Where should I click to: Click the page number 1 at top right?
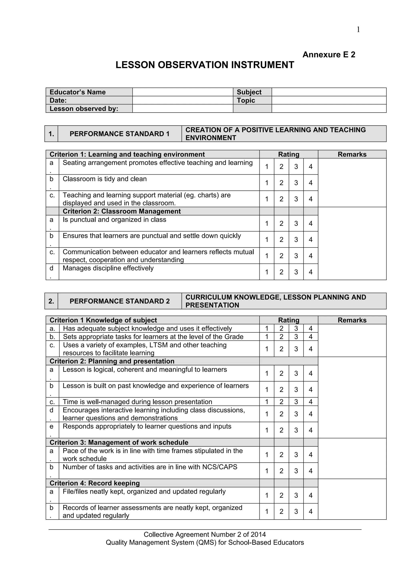coord(358,30)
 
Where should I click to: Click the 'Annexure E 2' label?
coord(329,54)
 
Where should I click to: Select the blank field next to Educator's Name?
coord(183,92)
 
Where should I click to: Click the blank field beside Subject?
coord(329,92)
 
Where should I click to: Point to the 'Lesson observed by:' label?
coord(84,109)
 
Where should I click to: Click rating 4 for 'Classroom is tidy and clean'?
coord(311,183)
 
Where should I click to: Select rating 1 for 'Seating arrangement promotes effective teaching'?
coord(267,166)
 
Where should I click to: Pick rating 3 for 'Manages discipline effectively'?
coord(296,272)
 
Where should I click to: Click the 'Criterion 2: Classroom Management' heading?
coord(122,211)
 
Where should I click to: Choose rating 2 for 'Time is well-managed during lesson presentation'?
coord(281,402)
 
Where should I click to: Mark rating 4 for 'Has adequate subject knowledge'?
coord(311,328)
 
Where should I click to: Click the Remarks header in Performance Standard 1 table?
coord(352,154)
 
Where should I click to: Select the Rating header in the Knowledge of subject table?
coord(288,320)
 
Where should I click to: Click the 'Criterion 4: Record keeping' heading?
coord(94,483)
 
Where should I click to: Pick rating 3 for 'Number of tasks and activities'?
coord(296,471)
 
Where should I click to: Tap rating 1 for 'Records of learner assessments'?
coord(267,512)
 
